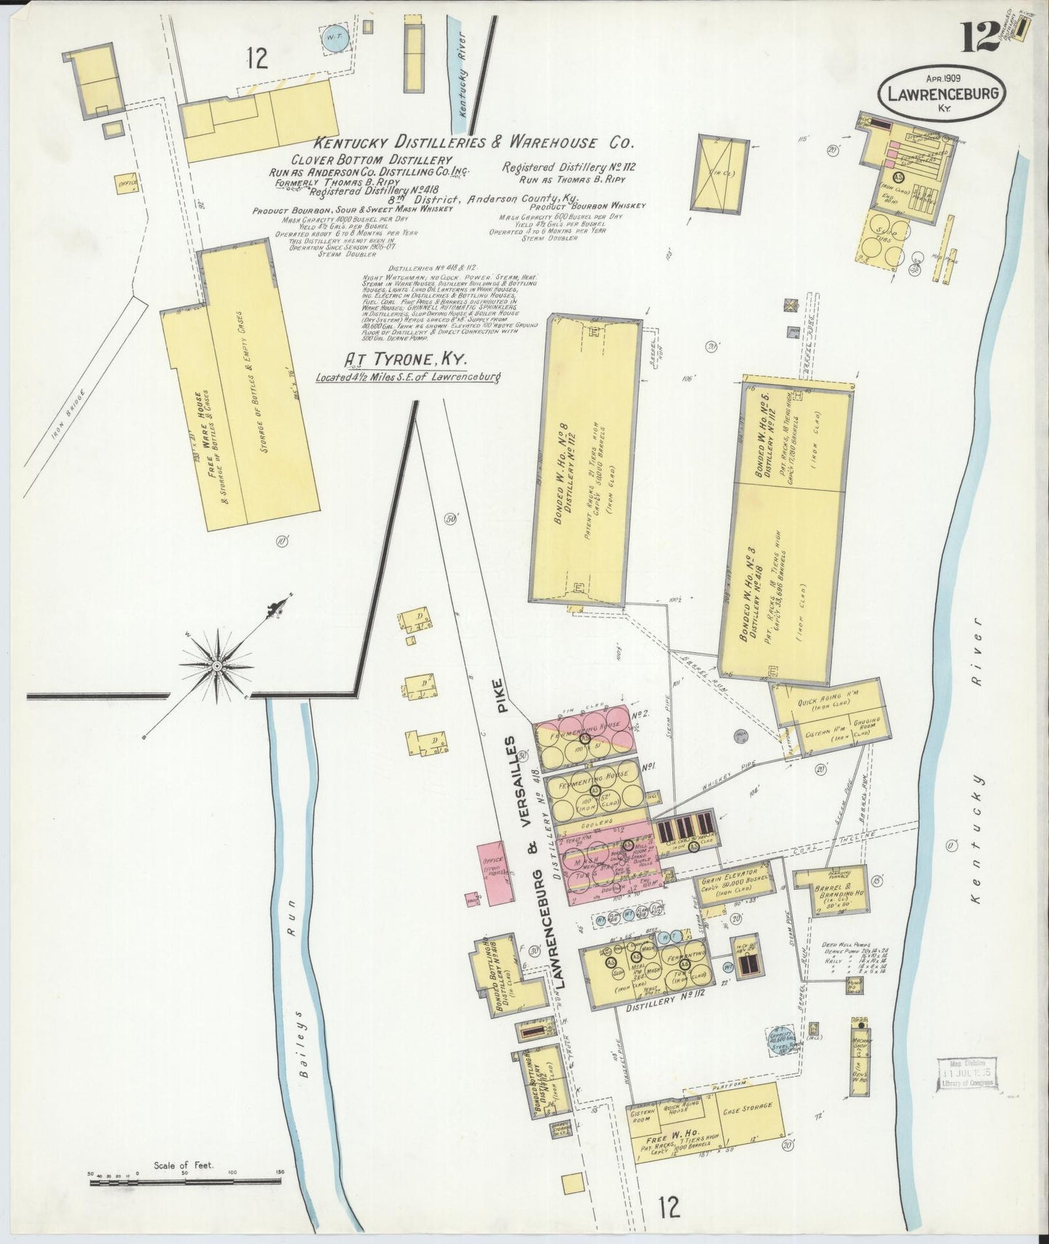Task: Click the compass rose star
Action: [217, 664]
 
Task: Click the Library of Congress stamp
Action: [968, 1074]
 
